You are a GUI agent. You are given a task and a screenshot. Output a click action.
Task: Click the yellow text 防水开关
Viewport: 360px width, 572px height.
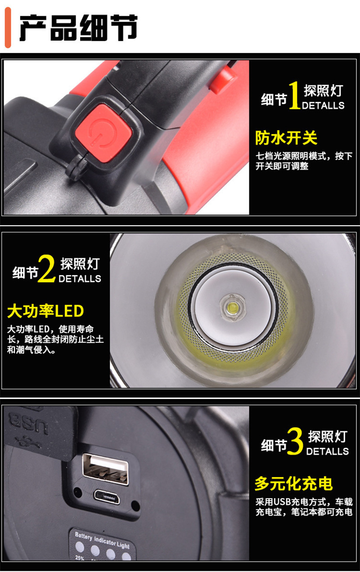tap(286, 138)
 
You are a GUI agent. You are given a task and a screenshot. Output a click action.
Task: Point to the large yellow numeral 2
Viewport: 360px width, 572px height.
tap(46, 269)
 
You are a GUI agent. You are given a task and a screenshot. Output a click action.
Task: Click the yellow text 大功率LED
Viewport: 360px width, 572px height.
tap(45, 311)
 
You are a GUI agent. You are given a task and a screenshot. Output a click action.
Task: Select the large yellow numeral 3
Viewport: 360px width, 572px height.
tap(295, 442)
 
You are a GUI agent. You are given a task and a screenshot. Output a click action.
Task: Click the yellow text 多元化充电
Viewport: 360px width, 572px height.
tap(293, 483)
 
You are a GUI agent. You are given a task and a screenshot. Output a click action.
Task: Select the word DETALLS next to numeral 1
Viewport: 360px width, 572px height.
tap(323, 106)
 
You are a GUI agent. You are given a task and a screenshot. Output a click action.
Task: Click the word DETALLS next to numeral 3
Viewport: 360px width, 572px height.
tap(327, 451)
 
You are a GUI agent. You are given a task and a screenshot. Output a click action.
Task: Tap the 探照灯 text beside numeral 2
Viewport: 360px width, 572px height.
tap(80, 263)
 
